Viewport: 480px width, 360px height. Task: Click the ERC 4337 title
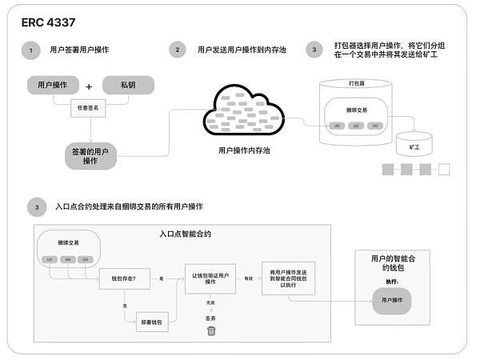click(x=50, y=22)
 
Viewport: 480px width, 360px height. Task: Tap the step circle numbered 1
click(x=30, y=50)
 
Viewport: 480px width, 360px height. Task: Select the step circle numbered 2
click(x=178, y=50)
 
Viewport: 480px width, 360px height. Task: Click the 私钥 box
click(x=128, y=86)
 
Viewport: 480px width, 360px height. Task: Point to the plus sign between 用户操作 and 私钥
click(x=89, y=86)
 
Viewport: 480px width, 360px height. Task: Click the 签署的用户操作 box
click(x=90, y=155)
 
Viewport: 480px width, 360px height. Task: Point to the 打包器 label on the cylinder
click(x=357, y=83)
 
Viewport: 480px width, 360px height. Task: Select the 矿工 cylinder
click(x=414, y=146)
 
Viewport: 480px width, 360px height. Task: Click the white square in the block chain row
click(x=444, y=170)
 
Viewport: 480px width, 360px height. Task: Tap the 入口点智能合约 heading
click(x=185, y=234)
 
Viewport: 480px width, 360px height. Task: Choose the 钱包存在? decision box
click(x=122, y=279)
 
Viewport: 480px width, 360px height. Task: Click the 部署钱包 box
click(x=155, y=322)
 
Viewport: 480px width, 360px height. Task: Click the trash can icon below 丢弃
click(x=211, y=330)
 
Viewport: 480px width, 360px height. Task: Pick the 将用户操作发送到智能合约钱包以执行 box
click(x=289, y=278)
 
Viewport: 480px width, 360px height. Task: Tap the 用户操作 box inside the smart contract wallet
click(x=397, y=299)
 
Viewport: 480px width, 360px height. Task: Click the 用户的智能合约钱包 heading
click(x=397, y=264)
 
